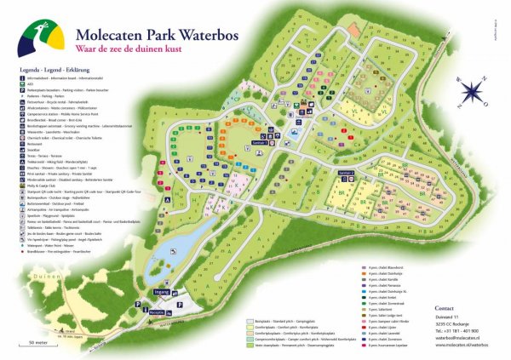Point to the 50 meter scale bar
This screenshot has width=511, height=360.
pyautogui.click(x=36, y=343)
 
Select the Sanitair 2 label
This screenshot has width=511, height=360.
pyautogui.click(x=346, y=173)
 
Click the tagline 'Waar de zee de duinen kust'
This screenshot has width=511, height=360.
pyautogui.click(x=163, y=51)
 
